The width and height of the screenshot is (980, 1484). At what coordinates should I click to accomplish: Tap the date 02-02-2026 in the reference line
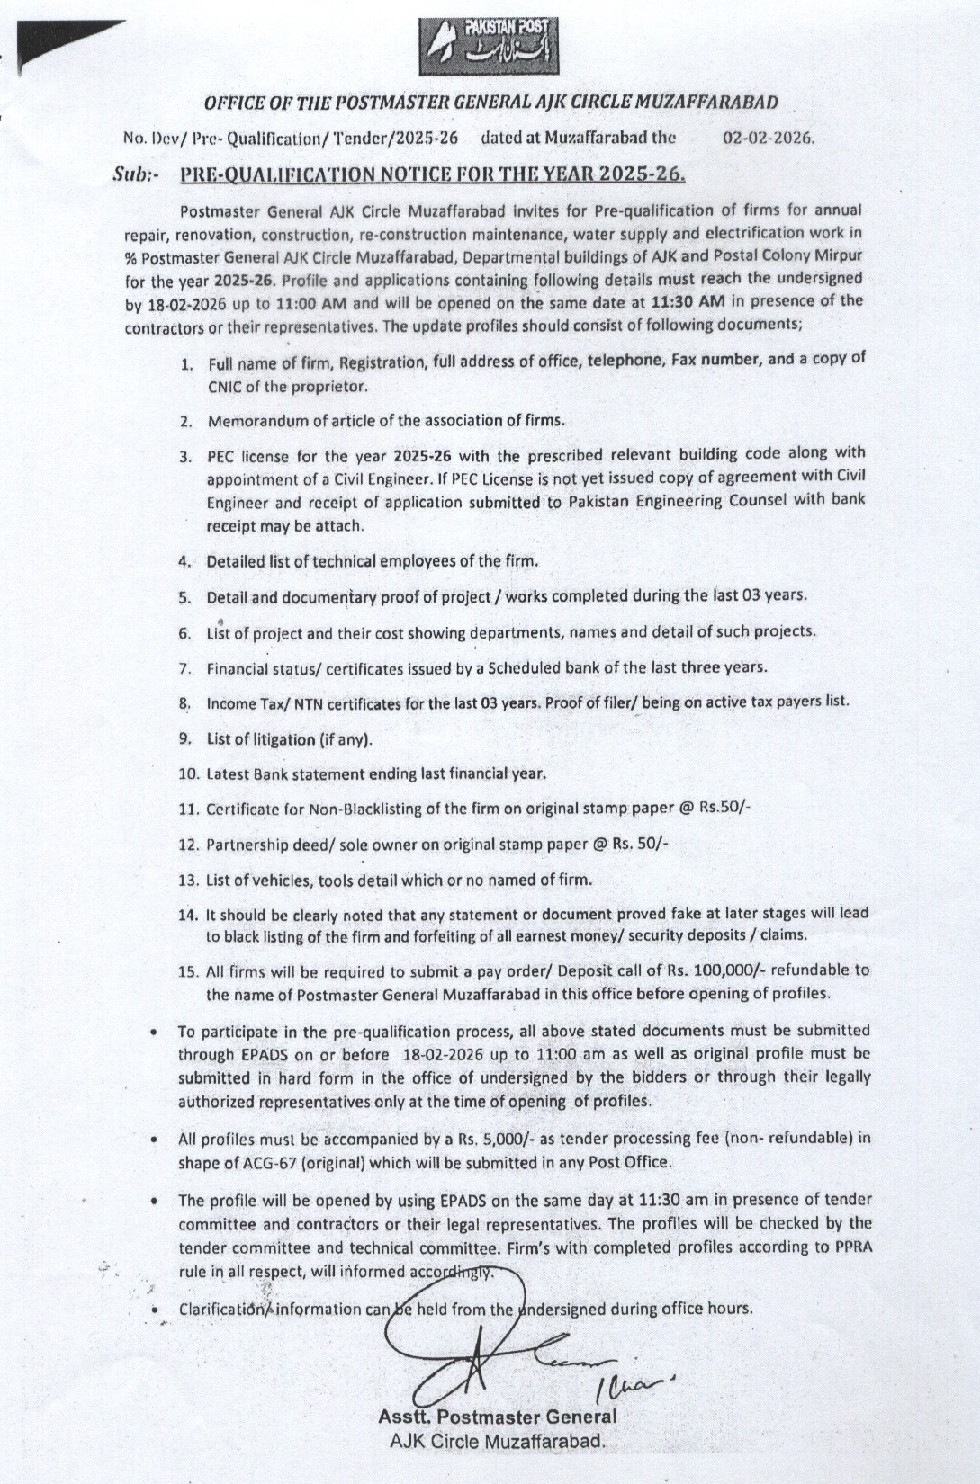pyautogui.click(x=769, y=139)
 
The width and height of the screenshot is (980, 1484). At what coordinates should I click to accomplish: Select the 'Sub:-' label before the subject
pyautogui.click(x=136, y=174)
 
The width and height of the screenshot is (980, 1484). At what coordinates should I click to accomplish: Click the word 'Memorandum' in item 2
pyautogui.click(x=245, y=420)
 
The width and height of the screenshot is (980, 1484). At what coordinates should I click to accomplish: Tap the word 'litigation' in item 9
pyautogui.click(x=274, y=739)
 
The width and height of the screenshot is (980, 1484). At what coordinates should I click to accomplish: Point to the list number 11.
pyautogui.click(x=188, y=809)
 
